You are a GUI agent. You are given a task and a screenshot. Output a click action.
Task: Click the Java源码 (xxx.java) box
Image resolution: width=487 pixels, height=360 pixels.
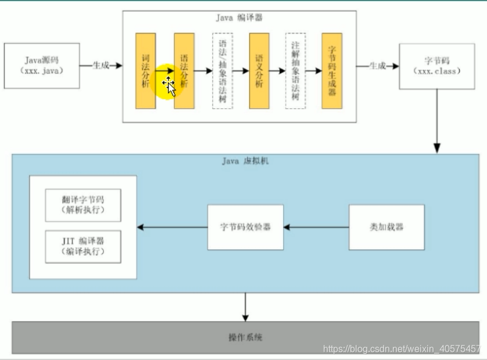tap(42, 65)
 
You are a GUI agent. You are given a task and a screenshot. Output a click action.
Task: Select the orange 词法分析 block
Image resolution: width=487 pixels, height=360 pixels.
tap(145, 71)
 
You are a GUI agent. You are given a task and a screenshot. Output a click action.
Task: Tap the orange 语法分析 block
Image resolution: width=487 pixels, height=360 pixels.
tap(184, 71)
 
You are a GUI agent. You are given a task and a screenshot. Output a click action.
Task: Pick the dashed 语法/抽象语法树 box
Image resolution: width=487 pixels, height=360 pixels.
tap(223, 71)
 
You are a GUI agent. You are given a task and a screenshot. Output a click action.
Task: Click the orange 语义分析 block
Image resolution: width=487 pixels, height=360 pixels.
tap(259, 71)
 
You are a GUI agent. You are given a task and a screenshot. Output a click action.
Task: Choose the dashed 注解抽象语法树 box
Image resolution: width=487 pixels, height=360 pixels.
tap(296, 71)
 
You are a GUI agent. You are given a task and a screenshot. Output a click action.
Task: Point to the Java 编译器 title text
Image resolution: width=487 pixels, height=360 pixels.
tap(239, 17)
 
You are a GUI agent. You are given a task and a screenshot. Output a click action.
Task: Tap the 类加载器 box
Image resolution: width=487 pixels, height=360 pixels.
tap(386, 227)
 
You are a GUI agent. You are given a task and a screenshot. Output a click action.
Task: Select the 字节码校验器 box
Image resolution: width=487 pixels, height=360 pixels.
tap(245, 227)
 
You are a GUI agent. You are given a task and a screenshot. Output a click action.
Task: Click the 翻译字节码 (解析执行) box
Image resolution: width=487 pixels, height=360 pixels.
tap(83, 205)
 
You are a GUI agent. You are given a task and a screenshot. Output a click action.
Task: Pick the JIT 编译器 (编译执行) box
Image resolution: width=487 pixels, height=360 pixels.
tap(83, 247)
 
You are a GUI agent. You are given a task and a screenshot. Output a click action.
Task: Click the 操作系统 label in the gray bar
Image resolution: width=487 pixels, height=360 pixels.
tap(245, 337)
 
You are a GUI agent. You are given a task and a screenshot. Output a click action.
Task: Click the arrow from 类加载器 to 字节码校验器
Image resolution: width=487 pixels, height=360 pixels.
tap(316, 227)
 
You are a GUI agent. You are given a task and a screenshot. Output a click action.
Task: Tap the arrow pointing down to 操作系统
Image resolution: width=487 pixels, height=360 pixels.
tap(245, 306)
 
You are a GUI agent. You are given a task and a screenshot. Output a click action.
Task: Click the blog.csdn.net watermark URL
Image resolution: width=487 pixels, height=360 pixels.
tap(402, 348)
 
